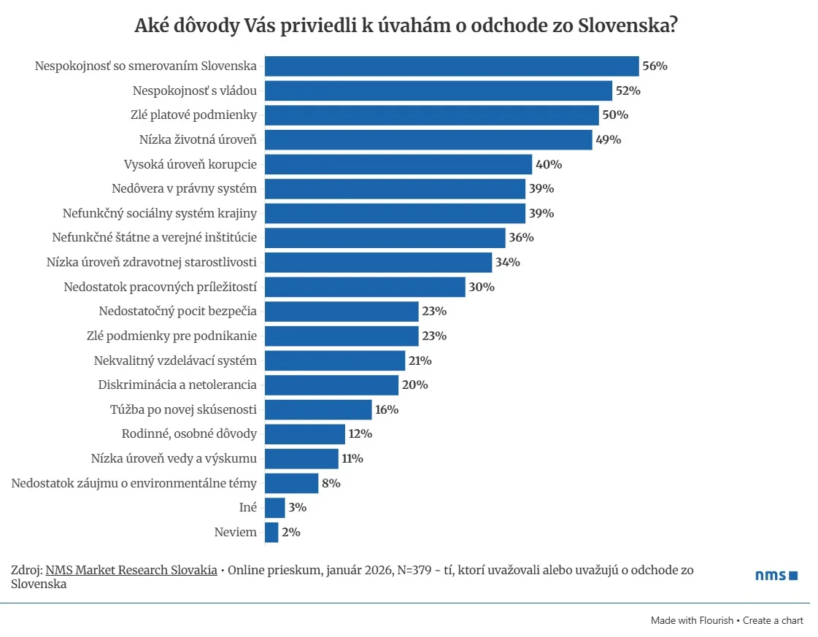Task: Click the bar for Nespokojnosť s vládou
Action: click(438, 90)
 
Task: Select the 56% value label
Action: click(655, 66)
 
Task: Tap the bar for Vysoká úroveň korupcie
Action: click(398, 164)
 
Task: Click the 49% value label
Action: click(608, 139)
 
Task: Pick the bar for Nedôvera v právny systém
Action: click(395, 189)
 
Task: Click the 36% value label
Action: click(521, 238)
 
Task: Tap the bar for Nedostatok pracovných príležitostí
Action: click(364, 287)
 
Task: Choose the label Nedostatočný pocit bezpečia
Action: click(177, 312)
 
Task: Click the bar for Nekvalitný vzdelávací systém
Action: click(334, 360)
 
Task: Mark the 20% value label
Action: click(414, 385)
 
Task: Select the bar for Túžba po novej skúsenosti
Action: click(317, 409)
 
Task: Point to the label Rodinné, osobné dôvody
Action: click(189, 434)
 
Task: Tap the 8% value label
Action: click(331, 483)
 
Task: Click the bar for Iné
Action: click(274, 508)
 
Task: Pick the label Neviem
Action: click(235, 532)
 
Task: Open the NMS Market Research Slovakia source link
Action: click(131, 570)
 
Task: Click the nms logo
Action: click(776, 576)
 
